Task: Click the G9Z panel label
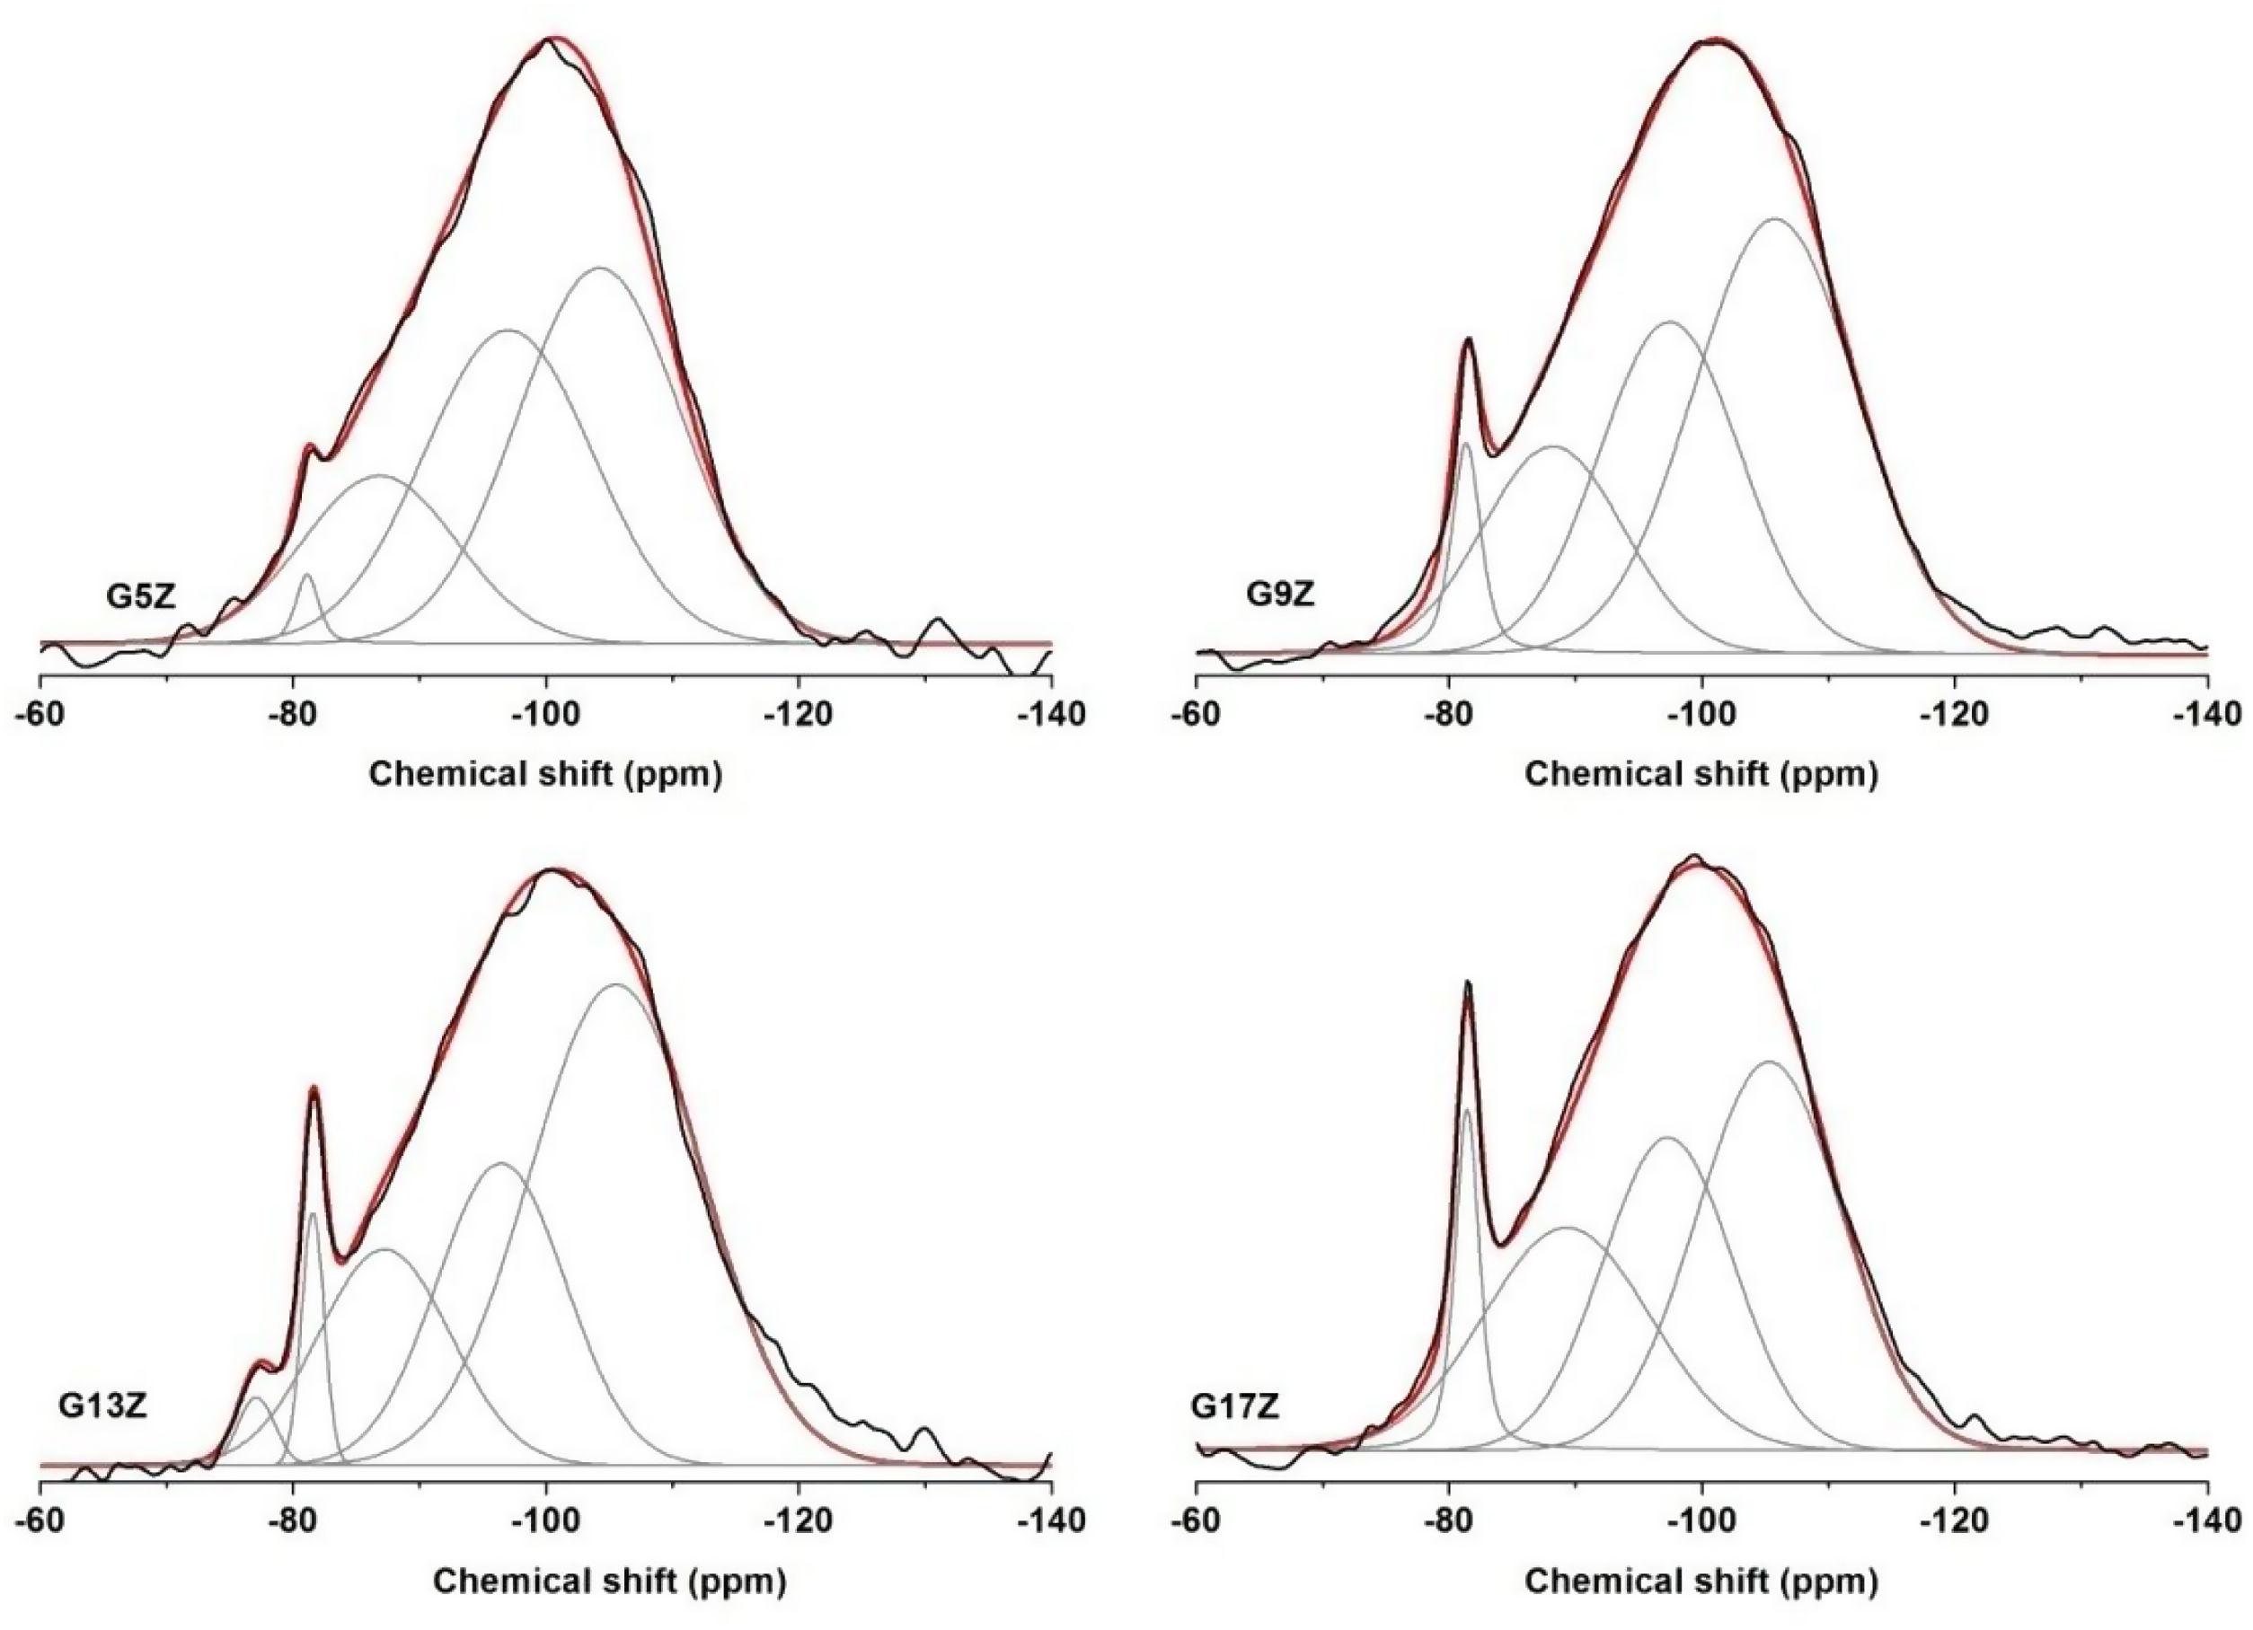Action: pos(1282,596)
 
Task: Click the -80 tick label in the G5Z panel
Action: pos(292,714)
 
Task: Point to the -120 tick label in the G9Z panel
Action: pos(1954,714)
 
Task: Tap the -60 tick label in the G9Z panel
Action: pos(1197,714)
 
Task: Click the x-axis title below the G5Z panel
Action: pos(545,774)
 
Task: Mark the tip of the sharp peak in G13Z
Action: pos(314,1088)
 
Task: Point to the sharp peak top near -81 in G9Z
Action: pos(1468,339)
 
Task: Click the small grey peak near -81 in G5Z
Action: pos(307,575)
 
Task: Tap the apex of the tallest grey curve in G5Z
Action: pos(599,268)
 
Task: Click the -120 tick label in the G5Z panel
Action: pos(799,714)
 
